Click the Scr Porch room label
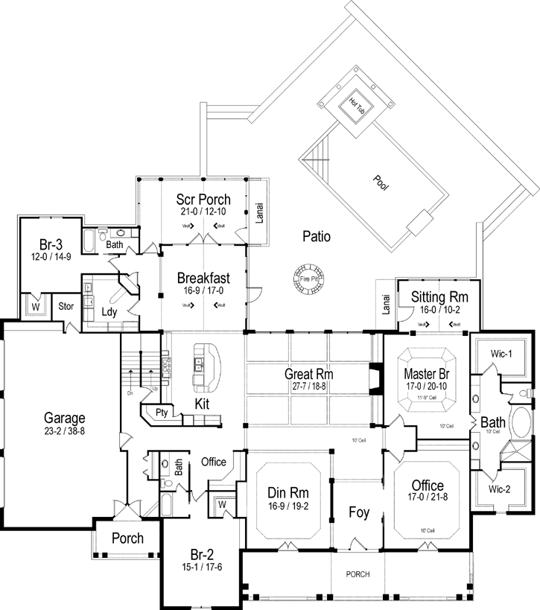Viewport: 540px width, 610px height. coord(203,200)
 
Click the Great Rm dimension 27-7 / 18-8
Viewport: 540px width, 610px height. coord(306,386)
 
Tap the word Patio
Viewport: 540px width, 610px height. coord(317,237)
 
